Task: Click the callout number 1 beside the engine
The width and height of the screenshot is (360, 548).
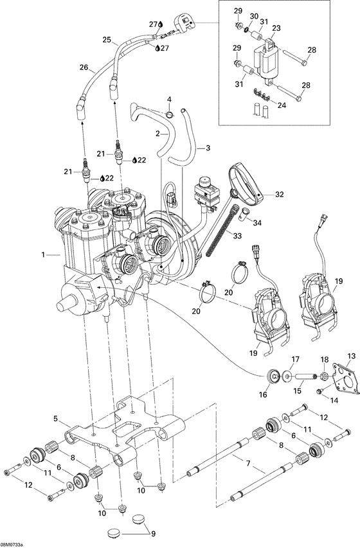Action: coord(44,255)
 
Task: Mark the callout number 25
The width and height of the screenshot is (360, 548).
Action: coord(107,39)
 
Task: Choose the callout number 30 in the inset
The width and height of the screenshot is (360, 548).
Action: coord(254,16)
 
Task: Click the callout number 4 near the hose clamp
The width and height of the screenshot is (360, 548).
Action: coord(169,100)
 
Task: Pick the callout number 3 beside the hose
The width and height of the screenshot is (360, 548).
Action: coord(208,148)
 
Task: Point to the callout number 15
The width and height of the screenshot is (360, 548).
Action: coord(298,389)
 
